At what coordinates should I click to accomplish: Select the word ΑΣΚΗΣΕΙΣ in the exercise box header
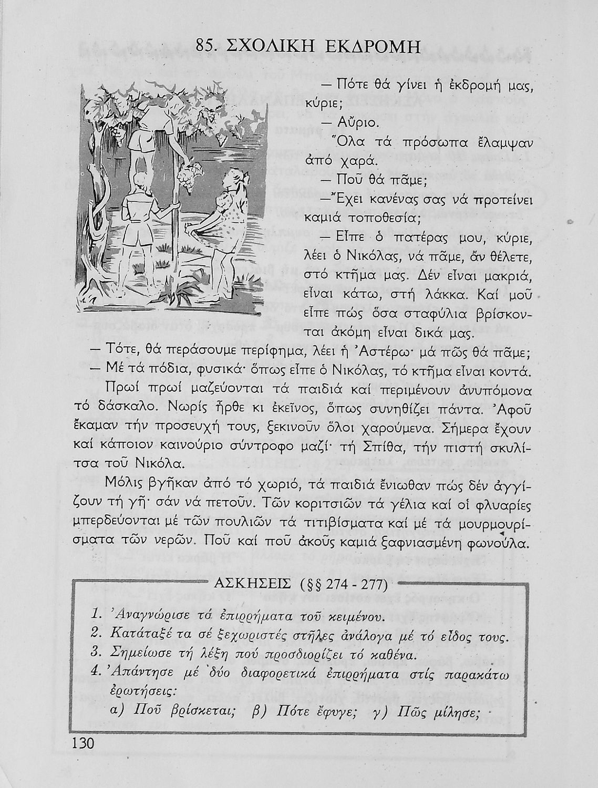[x=253, y=584]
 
